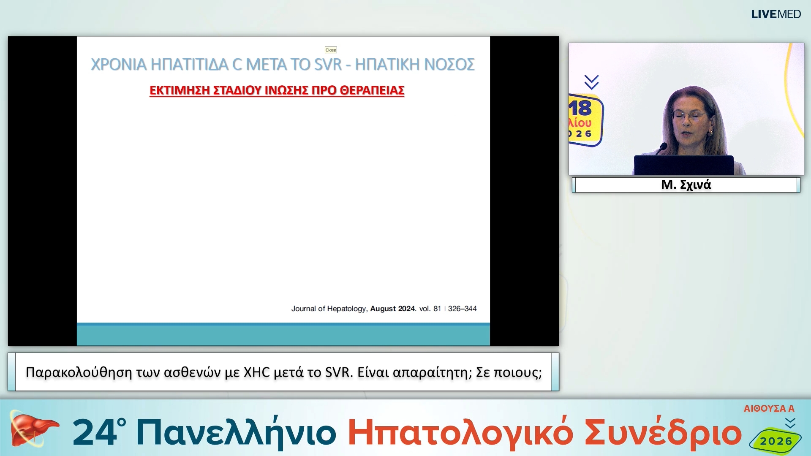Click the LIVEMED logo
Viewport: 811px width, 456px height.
point(776,14)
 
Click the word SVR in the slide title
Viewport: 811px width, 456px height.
point(328,65)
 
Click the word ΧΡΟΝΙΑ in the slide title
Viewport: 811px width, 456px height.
point(119,65)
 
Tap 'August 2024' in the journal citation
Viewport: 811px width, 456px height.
point(393,309)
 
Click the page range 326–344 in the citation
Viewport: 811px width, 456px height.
point(462,309)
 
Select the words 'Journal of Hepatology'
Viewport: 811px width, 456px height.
point(329,309)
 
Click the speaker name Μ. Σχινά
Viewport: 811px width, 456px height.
point(686,185)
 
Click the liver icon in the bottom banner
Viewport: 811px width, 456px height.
point(33,430)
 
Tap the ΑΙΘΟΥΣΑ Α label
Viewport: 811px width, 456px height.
point(769,408)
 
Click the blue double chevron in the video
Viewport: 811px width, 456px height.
point(591,82)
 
